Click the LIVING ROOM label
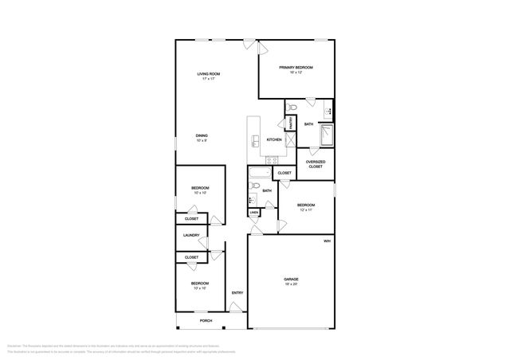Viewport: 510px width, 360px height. [x=209, y=74]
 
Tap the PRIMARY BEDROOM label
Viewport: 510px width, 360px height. [x=296, y=68]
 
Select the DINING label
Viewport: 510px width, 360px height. [x=202, y=135]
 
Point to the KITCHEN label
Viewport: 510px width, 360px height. [x=274, y=139]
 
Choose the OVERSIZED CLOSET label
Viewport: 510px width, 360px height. [x=315, y=164]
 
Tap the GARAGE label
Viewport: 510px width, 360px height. [x=292, y=279]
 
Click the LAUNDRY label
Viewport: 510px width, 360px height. [x=190, y=235]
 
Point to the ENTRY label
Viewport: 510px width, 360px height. [x=237, y=293]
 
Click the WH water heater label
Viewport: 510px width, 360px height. [x=327, y=241]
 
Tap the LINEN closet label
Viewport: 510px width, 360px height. [x=253, y=213]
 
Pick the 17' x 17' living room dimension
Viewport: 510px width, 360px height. [x=209, y=79]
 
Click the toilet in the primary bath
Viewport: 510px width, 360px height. [x=292, y=108]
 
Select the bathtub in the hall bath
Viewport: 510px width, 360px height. [x=259, y=173]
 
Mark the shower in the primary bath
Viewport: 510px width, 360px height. [x=327, y=137]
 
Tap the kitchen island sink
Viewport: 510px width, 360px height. [x=254, y=141]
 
